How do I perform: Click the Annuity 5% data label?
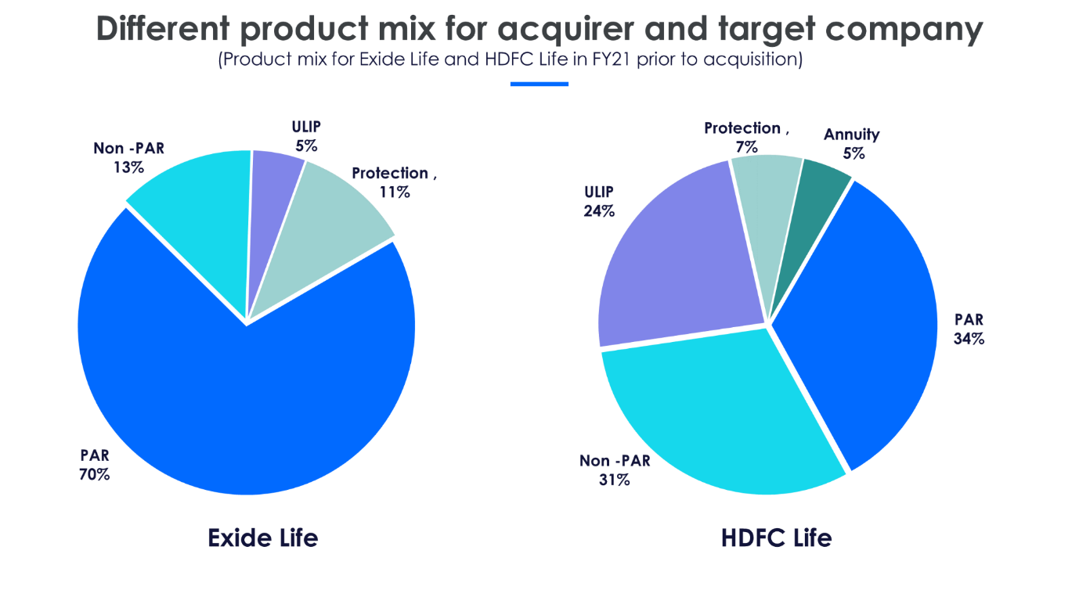[x=851, y=144]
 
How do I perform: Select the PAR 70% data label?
[x=94, y=465]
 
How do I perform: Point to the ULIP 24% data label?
[x=599, y=201]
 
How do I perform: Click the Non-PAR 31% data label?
[x=615, y=470]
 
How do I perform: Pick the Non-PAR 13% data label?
[x=128, y=157]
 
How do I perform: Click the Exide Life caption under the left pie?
[x=263, y=538]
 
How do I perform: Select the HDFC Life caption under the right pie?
[x=776, y=538]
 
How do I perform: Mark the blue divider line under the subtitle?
[x=539, y=84]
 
